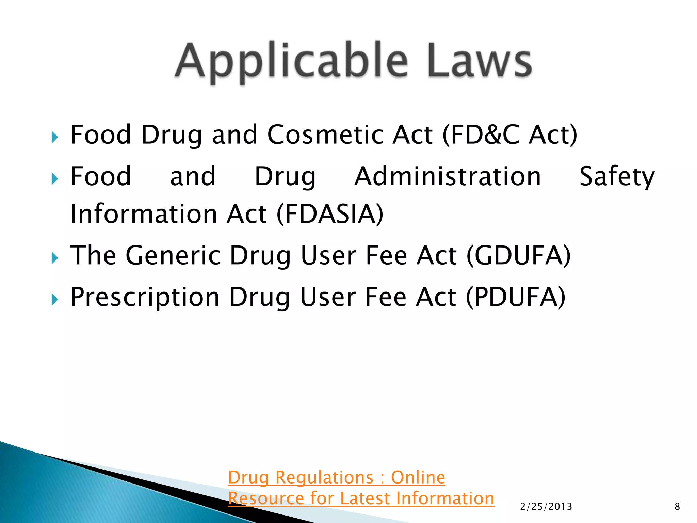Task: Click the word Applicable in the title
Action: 291,61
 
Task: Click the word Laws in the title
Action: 480,61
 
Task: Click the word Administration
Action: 447,176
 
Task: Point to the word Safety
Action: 617,176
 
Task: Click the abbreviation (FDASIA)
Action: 330,214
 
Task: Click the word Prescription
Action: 145,297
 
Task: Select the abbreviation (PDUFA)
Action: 515,297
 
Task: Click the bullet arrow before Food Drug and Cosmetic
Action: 55,138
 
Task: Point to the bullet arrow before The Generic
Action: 55,258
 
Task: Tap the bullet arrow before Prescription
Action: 55,300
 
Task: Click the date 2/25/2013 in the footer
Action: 546,507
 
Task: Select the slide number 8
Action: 677,507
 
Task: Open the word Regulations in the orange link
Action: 324,477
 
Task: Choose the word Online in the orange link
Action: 418,477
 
